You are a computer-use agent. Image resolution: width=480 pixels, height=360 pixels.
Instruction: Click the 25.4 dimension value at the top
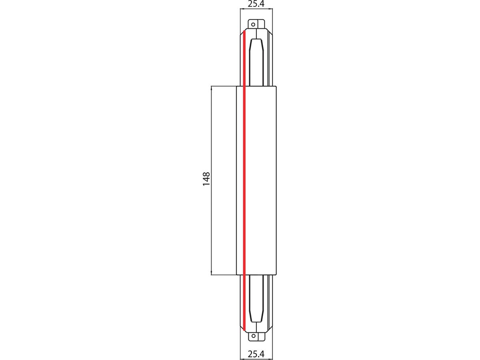256,4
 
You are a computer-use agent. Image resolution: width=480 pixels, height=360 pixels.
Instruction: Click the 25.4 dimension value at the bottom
256,354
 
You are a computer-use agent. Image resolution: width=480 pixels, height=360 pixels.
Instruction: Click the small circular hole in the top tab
254,24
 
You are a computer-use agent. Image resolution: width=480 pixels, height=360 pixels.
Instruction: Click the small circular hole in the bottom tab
254,336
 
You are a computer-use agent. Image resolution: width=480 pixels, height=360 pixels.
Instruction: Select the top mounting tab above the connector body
256,24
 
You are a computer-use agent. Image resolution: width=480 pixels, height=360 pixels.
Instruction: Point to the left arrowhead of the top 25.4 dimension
242,9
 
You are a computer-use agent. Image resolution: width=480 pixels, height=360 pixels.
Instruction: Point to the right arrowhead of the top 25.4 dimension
271,9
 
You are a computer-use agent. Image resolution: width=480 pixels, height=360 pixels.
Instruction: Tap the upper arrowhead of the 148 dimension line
212,88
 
